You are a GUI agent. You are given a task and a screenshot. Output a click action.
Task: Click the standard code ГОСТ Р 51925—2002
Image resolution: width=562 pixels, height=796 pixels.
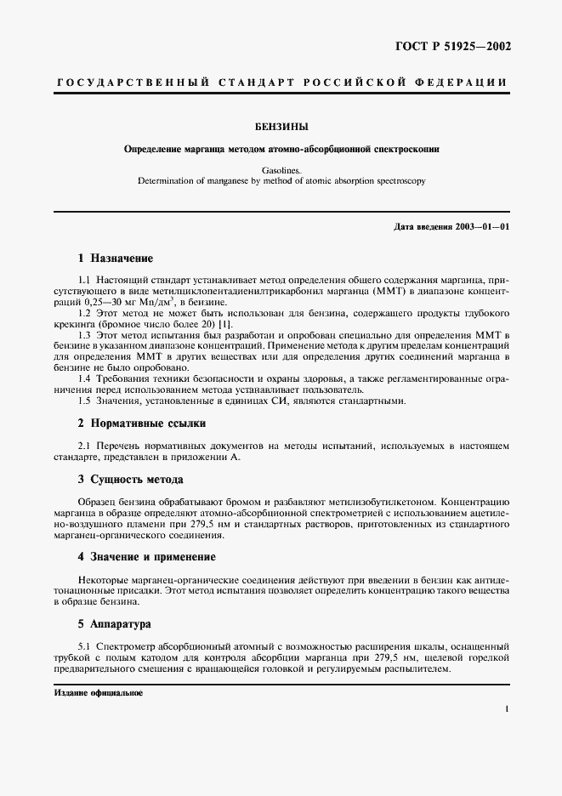[454, 47]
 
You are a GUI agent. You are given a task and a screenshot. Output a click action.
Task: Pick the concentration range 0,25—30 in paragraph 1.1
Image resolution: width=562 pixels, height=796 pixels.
[122, 302]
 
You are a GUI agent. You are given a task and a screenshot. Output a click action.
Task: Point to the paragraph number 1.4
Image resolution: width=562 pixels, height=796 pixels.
[85, 378]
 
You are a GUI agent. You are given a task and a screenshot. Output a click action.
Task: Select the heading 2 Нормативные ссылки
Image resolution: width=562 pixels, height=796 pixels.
[142, 423]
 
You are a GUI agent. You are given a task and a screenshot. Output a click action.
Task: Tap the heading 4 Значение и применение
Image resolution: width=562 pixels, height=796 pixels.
[147, 557]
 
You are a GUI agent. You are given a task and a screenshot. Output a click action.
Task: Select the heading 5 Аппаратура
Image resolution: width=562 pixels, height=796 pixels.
[114, 623]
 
